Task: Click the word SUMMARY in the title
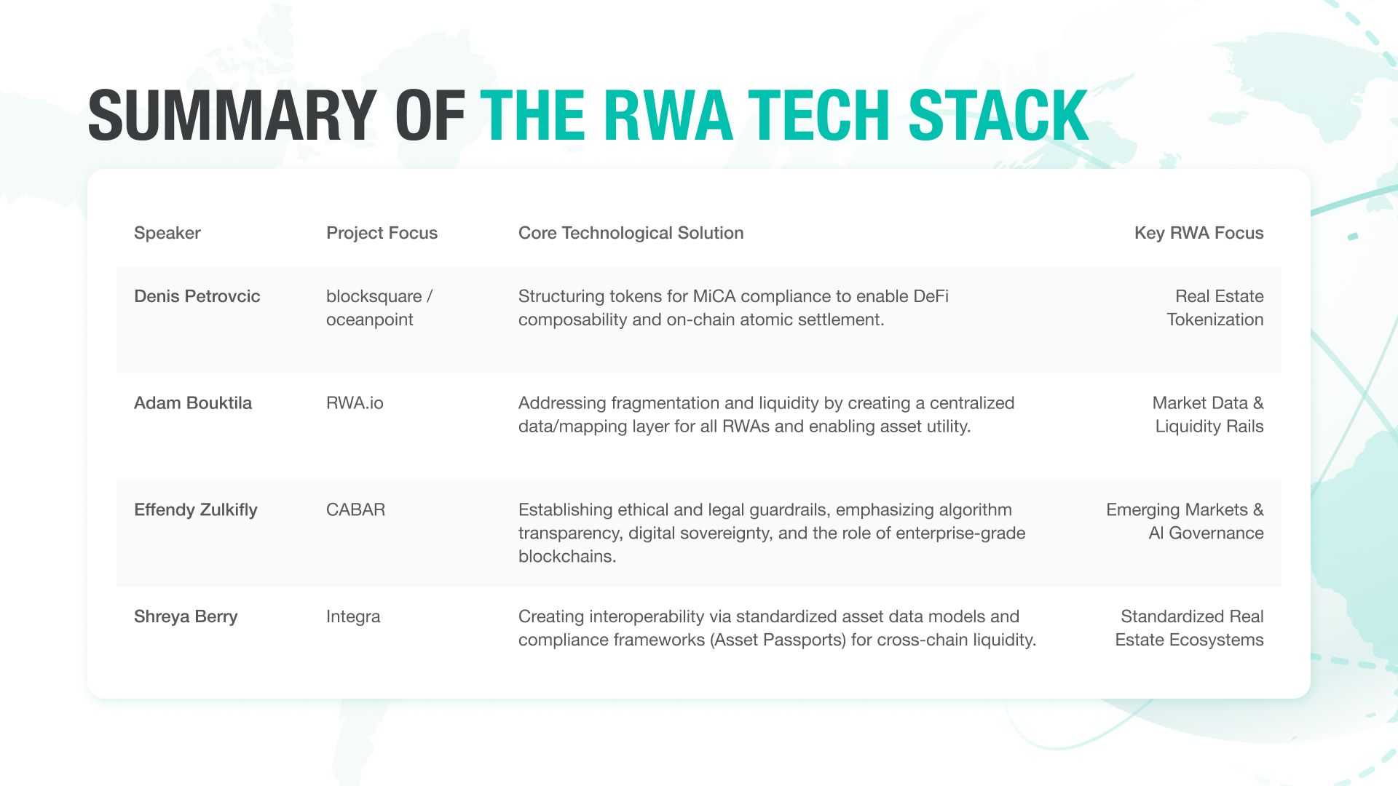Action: pyautogui.click(x=232, y=115)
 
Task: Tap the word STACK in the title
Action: pyautogui.click(x=998, y=115)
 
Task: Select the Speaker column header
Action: pyautogui.click(x=167, y=233)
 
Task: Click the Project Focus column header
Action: pyautogui.click(x=382, y=233)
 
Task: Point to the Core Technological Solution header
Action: pyautogui.click(x=631, y=233)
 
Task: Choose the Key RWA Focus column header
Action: pyautogui.click(x=1199, y=233)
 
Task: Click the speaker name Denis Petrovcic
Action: pyautogui.click(x=197, y=296)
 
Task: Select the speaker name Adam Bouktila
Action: pyautogui.click(x=193, y=403)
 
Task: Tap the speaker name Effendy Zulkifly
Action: pyautogui.click(x=196, y=510)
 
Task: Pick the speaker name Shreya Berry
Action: pyautogui.click(x=186, y=617)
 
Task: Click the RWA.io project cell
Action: pyautogui.click(x=355, y=403)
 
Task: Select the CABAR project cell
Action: pyautogui.click(x=356, y=510)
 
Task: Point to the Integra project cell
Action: pyautogui.click(x=353, y=617)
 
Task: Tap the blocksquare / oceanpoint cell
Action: pyautogui.click(x=379, y=308)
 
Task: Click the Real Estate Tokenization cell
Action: pyautogui.click(x=1215, y=308)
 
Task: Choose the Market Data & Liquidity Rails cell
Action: pyautogui.click(x=1208, y=415)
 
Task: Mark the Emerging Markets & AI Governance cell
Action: pyautogui.click(x=1185, y=522)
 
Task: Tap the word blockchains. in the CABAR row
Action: pyautogui.click(x=567, y=557)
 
